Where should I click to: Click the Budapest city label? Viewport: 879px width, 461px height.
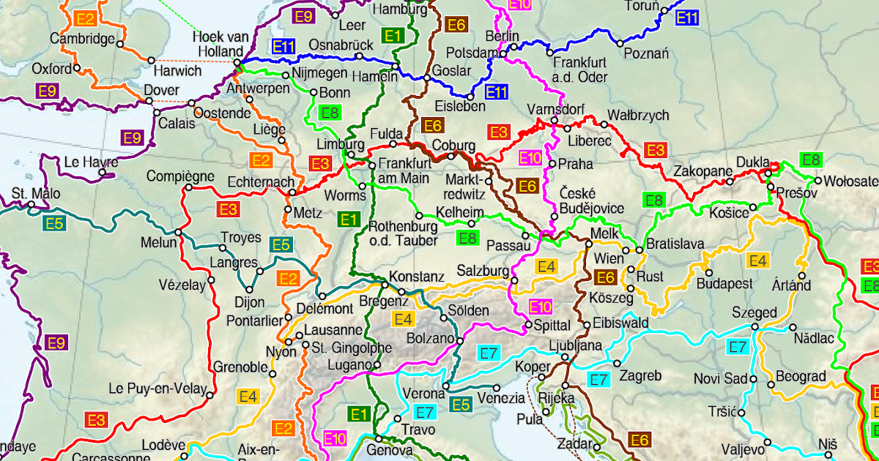coord(725,283)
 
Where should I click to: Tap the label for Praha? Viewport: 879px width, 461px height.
coord(575,164)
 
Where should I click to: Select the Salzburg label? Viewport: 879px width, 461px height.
coord(483,271)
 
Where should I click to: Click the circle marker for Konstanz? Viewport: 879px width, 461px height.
coord(384,285)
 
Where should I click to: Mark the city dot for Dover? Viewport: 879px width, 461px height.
coord(157,112)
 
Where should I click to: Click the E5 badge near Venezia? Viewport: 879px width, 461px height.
coord(461,405)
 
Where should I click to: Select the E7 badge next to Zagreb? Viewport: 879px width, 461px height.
coord(599,379)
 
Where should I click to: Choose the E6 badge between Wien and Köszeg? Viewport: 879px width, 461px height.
coord(605,277)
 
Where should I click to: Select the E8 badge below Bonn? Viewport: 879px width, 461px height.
coord(330,113)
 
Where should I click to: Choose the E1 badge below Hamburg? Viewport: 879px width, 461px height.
coord(393,35)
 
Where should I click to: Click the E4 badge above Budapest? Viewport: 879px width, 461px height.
coord(757,261)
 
